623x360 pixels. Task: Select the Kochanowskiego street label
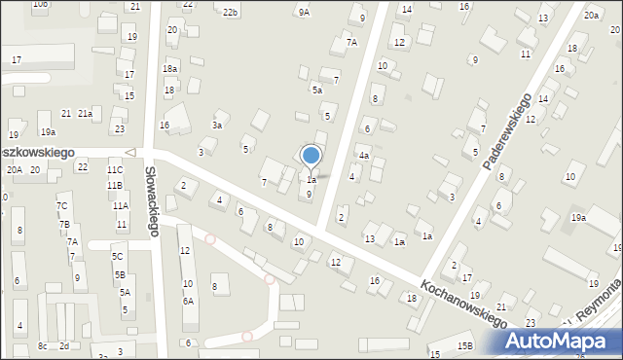click(465, 303)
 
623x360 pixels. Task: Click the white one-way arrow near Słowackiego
click(131, 153)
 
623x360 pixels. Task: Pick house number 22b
click(230, 12)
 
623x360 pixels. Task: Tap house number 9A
click(304, 12)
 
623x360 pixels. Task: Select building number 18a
click(170, 69)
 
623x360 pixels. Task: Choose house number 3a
click(218, 125)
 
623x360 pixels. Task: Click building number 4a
click(363, 156)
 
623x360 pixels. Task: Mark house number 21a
click(85, 114)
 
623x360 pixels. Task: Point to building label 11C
click(115, 169)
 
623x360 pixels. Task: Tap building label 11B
click(115, 185)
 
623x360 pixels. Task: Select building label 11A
click(120, 205)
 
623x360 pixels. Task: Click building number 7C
click(62, 206)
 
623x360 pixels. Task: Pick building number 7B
click(64, 225)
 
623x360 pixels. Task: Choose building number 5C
click(117, 256)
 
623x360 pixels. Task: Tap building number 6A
click(188, 301)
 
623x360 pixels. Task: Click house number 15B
click(465, 346)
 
